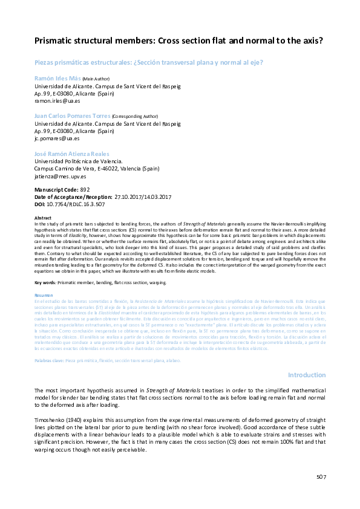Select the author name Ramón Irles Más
(57, 79)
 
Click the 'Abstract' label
(43, 218)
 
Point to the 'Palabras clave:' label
(50, 361)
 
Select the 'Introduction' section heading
(306, 375)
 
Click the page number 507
(321, 477)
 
